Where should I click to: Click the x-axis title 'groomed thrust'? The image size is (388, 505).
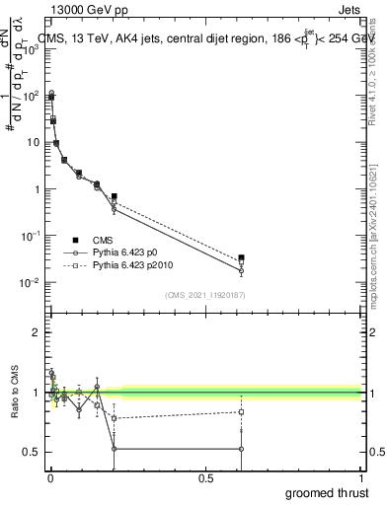(x=329, y=492)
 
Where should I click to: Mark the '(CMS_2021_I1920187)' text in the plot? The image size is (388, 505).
(x=205, y=294)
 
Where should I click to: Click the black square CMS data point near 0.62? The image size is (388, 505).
(x=242, y=257)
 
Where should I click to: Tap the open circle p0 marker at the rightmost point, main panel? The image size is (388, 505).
(x=242, y=270)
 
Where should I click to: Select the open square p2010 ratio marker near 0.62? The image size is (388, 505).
(x=242, y=412)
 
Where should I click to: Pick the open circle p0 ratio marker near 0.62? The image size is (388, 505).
(x=242, y=449)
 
